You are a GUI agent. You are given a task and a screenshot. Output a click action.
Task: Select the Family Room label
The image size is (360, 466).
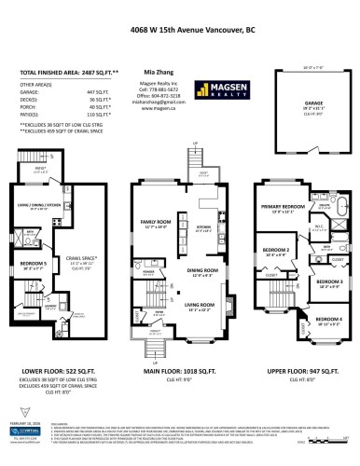(155, 222)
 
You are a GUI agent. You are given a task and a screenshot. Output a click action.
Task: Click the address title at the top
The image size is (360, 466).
(179, 28)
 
